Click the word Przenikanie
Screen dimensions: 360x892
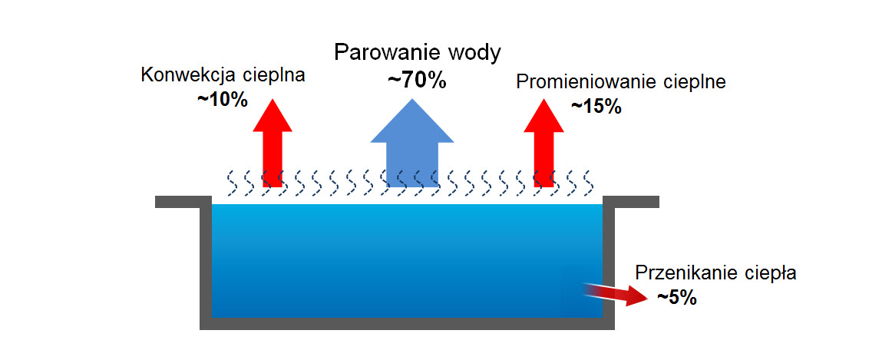coord(683,273)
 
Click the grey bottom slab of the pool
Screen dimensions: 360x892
coord(407,323)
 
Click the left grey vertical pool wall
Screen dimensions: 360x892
coord(206,261)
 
